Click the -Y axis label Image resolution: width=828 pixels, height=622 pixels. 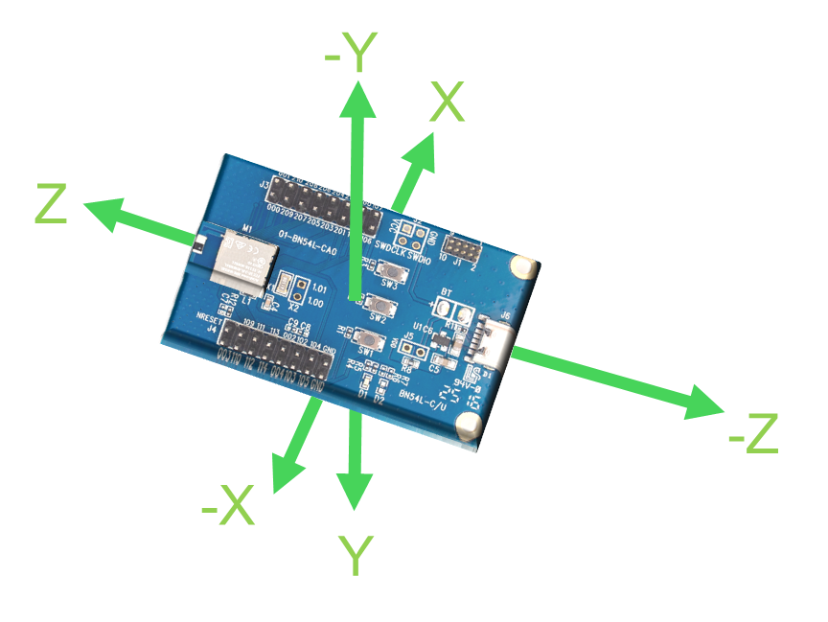click(x=347, y=56)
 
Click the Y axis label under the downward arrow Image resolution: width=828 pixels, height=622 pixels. click(x=356, y=557)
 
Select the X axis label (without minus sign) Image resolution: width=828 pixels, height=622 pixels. click(x=447, y=103)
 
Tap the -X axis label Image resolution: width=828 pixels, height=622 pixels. click(x=228, y=505)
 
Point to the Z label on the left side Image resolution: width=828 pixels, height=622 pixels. click(x=52, y=204)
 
